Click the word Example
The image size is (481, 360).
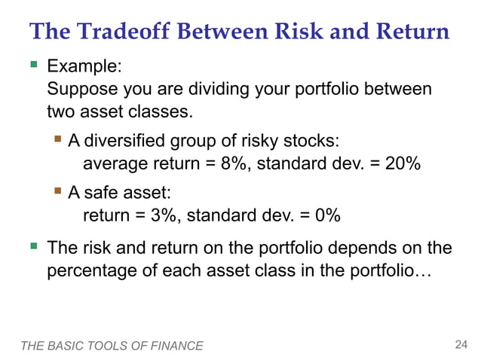[83, 66]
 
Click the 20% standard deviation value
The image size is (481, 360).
[403, 164]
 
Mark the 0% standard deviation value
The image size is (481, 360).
[328, 215]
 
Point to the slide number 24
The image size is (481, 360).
[461, 345]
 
